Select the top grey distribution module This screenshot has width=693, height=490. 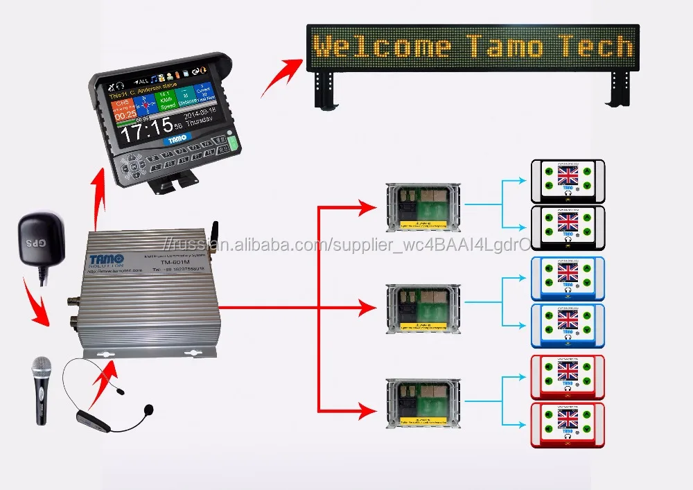pyautogui.click(x=422, y=206)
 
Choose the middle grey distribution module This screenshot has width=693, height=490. pyautogui.click(x=422, y=307)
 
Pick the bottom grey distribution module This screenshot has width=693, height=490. pyautogui.click(x=422, y=403)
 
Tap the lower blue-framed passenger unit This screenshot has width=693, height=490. pyautogui.click(x=568, y=326)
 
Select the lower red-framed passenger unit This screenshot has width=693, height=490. pyautogui.click(x=568, y=424)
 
